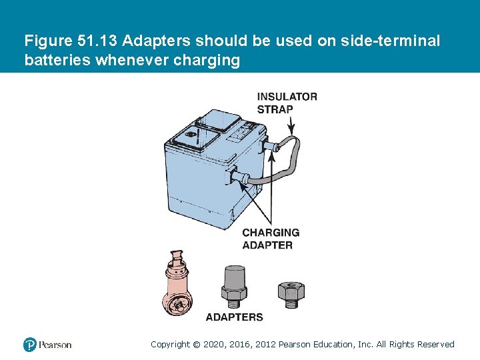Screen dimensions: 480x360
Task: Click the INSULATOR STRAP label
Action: [287, 103]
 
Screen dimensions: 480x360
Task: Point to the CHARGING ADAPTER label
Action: [271, 239]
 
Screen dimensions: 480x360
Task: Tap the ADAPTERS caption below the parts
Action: [234, 317]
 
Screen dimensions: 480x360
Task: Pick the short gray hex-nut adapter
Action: [291, 293]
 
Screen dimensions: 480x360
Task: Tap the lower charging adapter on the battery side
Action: [241, 178]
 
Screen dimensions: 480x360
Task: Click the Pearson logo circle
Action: [30, 345]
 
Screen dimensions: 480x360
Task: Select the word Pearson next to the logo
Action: [55, 345]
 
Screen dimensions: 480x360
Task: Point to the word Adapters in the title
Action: [159, 41]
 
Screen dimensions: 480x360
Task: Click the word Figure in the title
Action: [47, 41]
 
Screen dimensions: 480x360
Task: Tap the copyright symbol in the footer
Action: [196, 345]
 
